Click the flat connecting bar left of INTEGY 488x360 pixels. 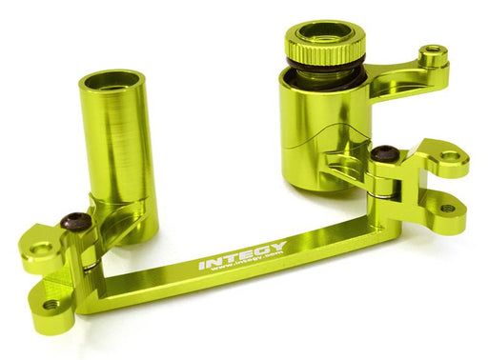coord(152,283)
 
